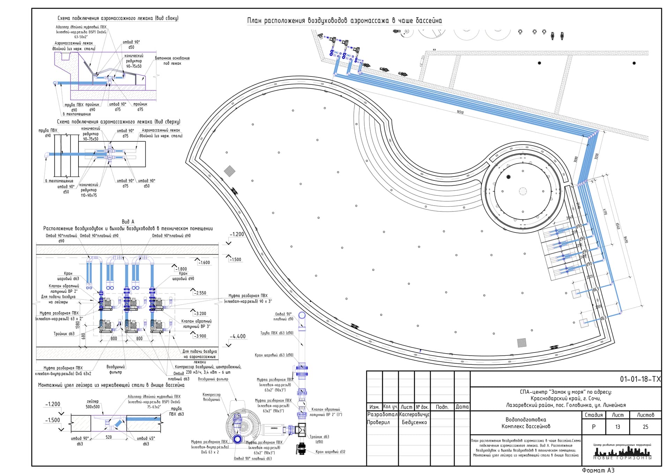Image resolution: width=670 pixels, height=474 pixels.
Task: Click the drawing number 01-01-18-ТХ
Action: (x=640, y=379)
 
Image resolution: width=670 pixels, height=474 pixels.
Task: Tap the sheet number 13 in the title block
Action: (x=618, y=427)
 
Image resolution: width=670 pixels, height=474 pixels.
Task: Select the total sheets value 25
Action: (x=645, y=427)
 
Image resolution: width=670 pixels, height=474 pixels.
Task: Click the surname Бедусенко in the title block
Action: (x=414, y=422)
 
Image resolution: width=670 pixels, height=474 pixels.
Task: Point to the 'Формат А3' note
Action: (x=598, y=470)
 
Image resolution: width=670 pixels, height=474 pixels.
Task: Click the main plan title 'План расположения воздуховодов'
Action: (x=344, y=21)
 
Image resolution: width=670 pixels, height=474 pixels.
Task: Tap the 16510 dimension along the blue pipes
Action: (x=460, y=112)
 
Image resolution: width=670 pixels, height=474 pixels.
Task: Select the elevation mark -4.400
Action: (x=238, y=336)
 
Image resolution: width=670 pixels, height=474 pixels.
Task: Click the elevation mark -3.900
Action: (x=200, y=336)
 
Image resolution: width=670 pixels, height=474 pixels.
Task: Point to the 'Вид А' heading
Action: (x=128, y=222)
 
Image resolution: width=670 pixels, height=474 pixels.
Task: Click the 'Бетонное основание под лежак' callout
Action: (x=172, y=61)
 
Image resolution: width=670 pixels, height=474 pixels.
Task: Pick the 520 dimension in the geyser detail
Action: (x=109, y=437)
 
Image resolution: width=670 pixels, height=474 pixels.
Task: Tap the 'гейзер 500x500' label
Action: (x=93, y=404)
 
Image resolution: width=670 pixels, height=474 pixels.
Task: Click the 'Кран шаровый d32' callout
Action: (x=330, y=452)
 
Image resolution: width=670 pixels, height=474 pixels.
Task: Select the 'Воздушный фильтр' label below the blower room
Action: (x=116, y=370)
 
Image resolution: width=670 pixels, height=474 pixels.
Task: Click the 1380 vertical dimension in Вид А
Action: (x=78, y=325)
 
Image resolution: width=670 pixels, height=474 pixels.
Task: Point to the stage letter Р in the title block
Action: (x=594, y=427)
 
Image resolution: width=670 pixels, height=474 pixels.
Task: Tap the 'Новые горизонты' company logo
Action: (x=622, y=452)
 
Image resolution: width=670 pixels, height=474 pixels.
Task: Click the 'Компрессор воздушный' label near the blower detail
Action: (x=211, y=397)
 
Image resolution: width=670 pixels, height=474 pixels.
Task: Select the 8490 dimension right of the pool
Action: (x=626, y=240)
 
